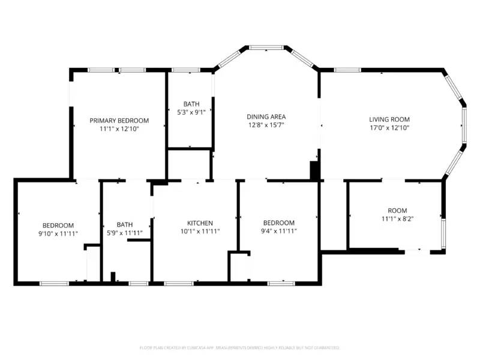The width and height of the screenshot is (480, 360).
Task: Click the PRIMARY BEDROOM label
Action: click(x=119, y=121)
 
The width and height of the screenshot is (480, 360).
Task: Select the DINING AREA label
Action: click(x=266, y=116)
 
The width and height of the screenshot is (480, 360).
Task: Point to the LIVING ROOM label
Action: click(x=389, y=119)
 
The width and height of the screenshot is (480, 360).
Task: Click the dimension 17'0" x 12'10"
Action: click(x=389, y=128)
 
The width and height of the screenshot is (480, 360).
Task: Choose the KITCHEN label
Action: click(x=200, y=223)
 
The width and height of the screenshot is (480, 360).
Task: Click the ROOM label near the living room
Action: click(x=397, y=211)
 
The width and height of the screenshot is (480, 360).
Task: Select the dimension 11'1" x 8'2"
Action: click(x=397, y=219)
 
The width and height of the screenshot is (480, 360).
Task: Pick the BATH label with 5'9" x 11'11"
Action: click(x=125, y=225)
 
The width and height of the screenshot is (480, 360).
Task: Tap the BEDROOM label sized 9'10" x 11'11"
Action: click(x=58, y=225)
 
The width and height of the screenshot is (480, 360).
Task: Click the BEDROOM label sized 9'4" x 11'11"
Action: click(x=278, y=223)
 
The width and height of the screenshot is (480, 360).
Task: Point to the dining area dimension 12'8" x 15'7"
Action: click(x=266, y=125)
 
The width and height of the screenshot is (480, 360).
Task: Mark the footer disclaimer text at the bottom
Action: click(x=240, y=347)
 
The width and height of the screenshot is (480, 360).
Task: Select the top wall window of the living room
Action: click(x=347, y=70)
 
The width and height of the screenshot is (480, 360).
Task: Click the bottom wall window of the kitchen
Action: click(x=175, y=283)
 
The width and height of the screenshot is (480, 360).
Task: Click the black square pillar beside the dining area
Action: click(x=314, y=170)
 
